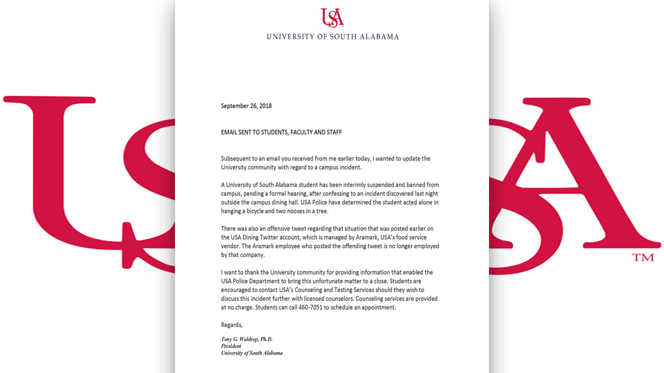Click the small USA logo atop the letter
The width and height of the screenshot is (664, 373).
(x=332, y=17)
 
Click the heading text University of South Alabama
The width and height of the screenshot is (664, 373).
(x=333, y=37)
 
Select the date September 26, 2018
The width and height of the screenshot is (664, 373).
(x=246, y=106)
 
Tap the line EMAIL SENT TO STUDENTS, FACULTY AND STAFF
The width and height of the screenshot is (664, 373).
(x=281, y=132)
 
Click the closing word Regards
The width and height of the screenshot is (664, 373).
(x=232, y=325)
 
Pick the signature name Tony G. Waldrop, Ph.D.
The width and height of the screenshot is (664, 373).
(x=247, y=339)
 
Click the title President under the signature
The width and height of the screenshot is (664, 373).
(x=231, y=346)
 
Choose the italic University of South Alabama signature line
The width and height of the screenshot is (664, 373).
(x=252, y=353)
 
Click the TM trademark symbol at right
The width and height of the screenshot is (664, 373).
(x=643, y=258)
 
